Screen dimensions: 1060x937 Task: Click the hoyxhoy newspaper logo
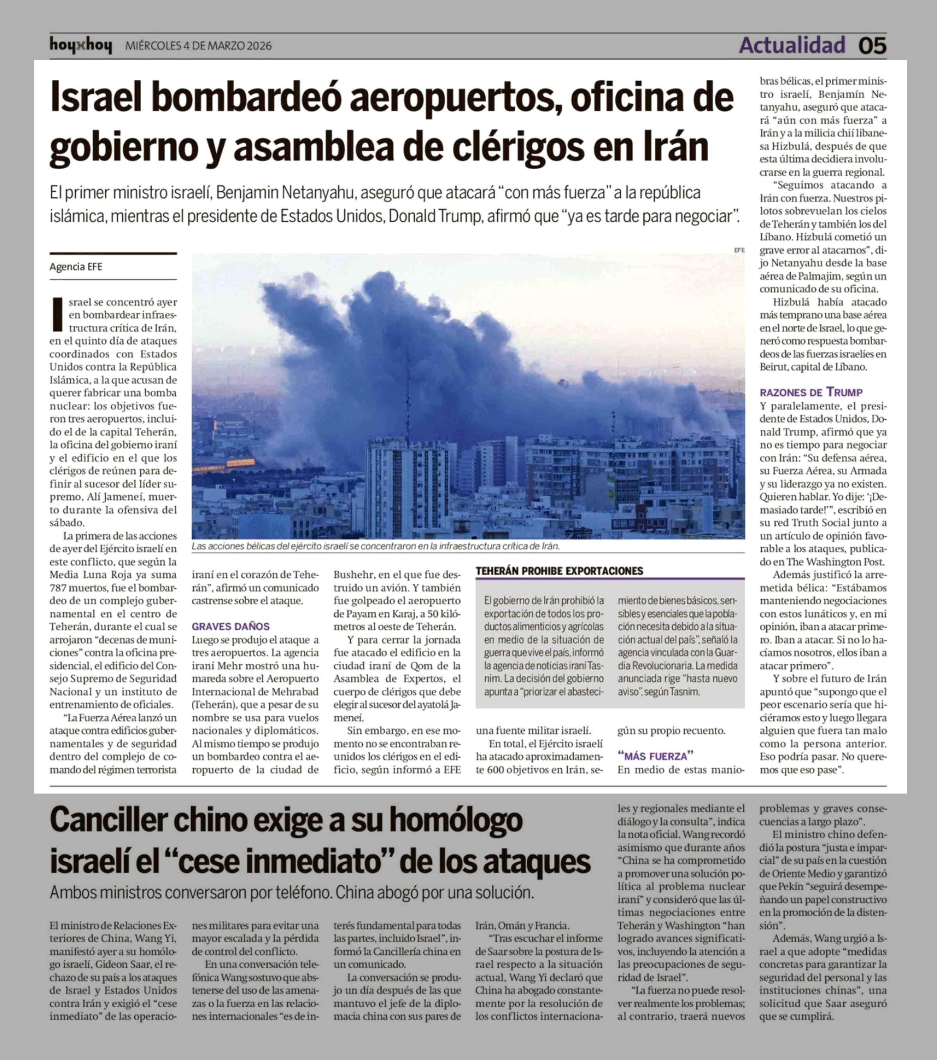tap(80, 46)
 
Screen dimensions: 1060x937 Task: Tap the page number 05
tap(872, 46)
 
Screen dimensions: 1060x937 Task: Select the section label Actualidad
tap(792, 46)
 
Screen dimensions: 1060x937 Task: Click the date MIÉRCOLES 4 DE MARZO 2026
tap(198, 46)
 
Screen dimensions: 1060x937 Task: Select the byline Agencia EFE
tap(76, 266)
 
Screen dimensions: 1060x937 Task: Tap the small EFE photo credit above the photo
tap(739, 250)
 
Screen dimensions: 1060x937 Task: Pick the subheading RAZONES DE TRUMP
tap(811, 392)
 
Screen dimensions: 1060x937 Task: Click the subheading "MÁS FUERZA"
tap(655, 756)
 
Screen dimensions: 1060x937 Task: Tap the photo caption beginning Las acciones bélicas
tap(376, 546)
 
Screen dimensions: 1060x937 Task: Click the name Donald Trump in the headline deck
tap(435, 216)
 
